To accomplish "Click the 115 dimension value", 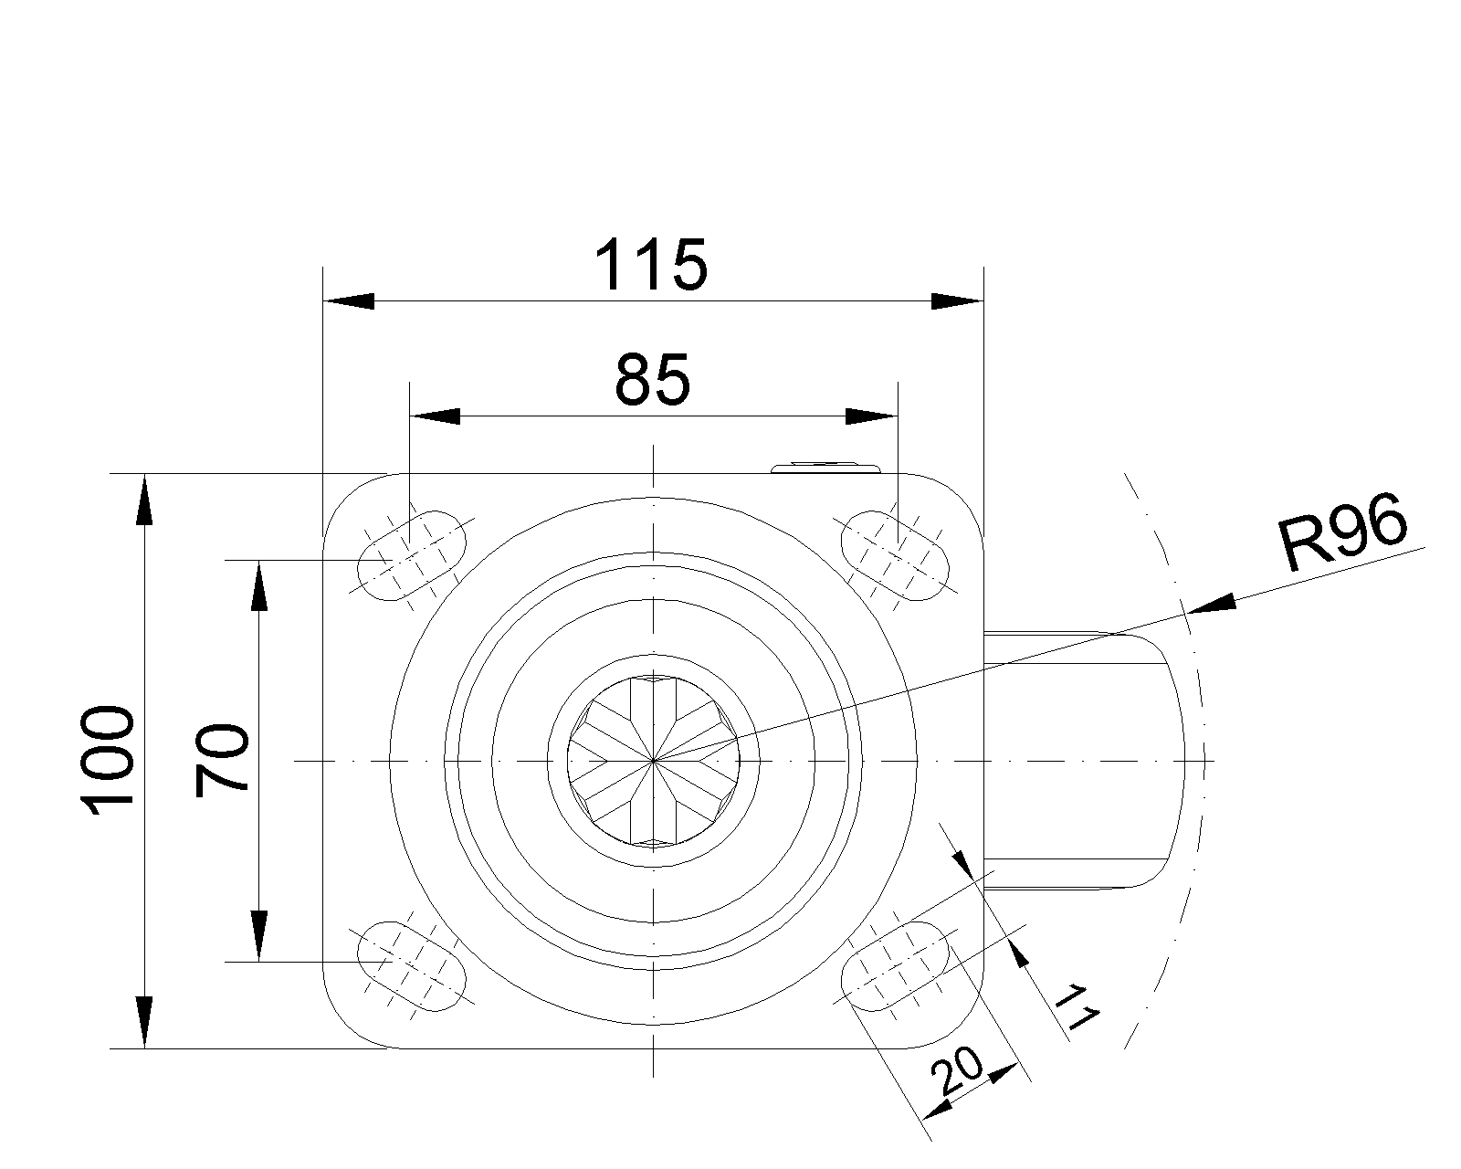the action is [x=651, y=265].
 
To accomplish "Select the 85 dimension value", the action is [x=652, y=380].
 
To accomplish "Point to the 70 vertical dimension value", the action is [x=221, y=760].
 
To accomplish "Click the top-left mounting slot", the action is [x=412, y=555].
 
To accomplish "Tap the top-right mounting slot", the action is [x=895, y=555].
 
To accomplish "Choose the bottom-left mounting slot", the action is [x=412, y=966].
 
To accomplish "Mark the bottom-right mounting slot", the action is [x=895, y=966].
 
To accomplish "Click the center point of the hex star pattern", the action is [x=653, y=761].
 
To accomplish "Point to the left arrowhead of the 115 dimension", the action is [x=348, y=300].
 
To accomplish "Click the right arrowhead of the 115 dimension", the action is [x=957, y=300].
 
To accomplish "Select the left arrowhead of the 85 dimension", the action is [x=436, y=416].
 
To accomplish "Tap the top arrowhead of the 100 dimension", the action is [x=144, y=500].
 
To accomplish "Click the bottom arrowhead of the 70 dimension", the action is [x=258, y=936].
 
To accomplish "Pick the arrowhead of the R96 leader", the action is [x=1213, y=603].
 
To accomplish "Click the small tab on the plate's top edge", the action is [x=826, y=468].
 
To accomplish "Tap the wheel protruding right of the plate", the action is [x=1084, y=760].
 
